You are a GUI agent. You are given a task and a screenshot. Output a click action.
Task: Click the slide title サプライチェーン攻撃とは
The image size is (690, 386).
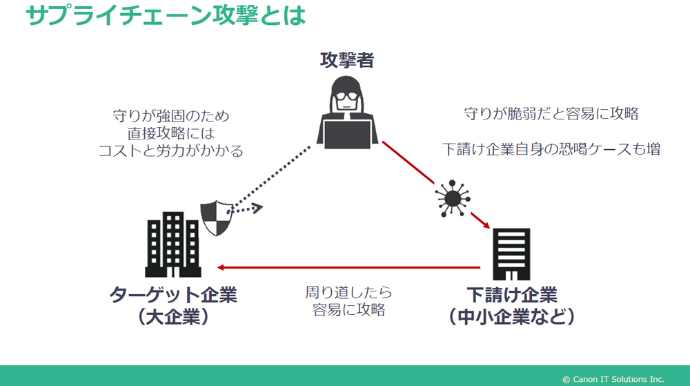[x=166, y=15]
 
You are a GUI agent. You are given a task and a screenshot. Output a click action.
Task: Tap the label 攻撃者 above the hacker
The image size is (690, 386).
[x=347, y=60]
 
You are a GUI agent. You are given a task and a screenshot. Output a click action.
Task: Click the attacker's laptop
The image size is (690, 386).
[x=347, y=134]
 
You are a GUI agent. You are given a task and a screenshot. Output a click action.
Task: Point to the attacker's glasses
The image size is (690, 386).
[x=347, y=97]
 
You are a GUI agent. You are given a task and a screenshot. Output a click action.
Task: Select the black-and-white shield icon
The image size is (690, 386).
[x=217, y=218]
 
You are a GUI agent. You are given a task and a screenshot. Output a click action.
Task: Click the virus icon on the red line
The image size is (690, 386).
[x=452, y=198]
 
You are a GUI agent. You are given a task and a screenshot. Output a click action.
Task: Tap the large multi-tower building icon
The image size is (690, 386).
[x=173, y=244]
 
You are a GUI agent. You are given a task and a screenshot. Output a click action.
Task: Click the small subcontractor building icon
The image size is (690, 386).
[x=511, y=254]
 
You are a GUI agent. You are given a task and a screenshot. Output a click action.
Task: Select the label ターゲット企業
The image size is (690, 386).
[x=173, y=294]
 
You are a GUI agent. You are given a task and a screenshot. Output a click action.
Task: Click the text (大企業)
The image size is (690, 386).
[x=173, y=316]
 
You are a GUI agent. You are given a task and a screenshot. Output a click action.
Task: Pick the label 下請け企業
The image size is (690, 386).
[x=512, y=294]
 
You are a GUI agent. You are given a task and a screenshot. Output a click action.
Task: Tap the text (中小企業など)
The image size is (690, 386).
[x=512, y=316]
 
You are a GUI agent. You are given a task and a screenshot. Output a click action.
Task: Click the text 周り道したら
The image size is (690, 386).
[x=348, y=292]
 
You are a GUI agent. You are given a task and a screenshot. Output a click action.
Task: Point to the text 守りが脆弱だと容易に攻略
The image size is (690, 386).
[x=551, y=113]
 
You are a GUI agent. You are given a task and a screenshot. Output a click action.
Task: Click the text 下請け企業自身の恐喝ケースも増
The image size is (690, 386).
[x=551, y=148]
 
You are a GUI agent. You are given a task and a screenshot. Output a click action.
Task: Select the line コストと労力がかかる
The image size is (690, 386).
[x=170, y=151]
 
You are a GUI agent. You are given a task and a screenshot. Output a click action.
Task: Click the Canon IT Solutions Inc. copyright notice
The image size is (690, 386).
[x=613, y=379]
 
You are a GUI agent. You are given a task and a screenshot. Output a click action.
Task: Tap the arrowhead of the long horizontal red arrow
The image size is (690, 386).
[x=221, y=267]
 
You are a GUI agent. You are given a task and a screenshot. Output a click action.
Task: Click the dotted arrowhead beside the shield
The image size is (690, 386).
[x=257, y=208]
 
